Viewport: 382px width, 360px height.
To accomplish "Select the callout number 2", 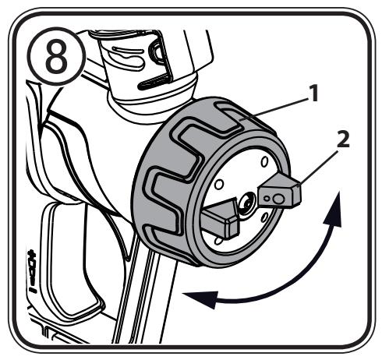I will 344,141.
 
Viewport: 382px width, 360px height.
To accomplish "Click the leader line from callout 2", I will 320,164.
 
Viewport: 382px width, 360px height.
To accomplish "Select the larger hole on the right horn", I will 278,198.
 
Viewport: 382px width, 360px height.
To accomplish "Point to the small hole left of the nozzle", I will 219,185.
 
